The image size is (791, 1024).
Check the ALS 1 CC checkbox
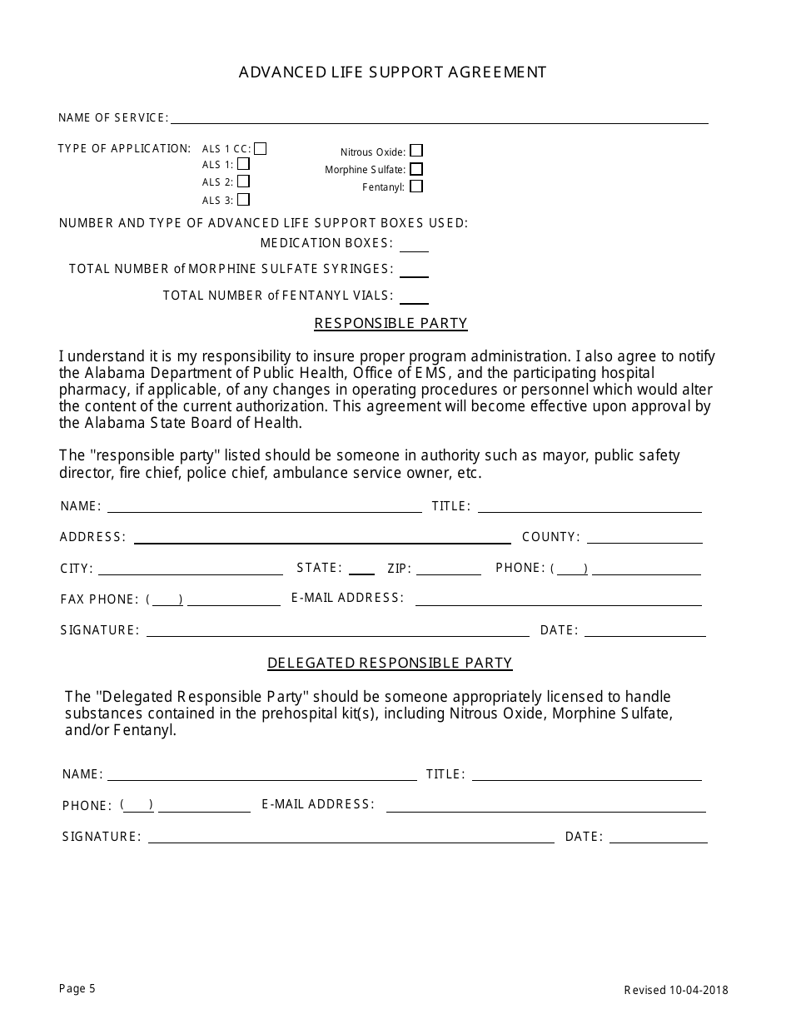point(261,149)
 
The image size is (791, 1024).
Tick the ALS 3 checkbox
point(243,200)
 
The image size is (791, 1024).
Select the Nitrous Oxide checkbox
point(416,151)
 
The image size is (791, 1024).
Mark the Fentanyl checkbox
point(416,186)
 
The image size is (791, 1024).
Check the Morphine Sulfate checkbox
point(416,169)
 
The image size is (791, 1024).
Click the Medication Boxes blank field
point(414,246)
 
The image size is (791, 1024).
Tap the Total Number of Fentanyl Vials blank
point(414,298)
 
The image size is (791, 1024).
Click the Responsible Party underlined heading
point(391,323)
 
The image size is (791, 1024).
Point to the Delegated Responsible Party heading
point(390,663)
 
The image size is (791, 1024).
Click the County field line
point(644,539)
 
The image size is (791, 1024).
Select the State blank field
point(361,569)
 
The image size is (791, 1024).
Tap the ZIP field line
point(449,570)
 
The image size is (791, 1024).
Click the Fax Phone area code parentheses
point(165,599)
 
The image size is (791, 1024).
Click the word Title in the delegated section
point(445,774)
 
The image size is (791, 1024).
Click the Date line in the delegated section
point(658,838)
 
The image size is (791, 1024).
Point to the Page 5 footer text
point(77,988)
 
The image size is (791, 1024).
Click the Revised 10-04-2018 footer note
point(676,990)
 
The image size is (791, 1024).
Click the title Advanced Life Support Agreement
point(393,72)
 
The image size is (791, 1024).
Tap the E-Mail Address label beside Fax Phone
point(347,598)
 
